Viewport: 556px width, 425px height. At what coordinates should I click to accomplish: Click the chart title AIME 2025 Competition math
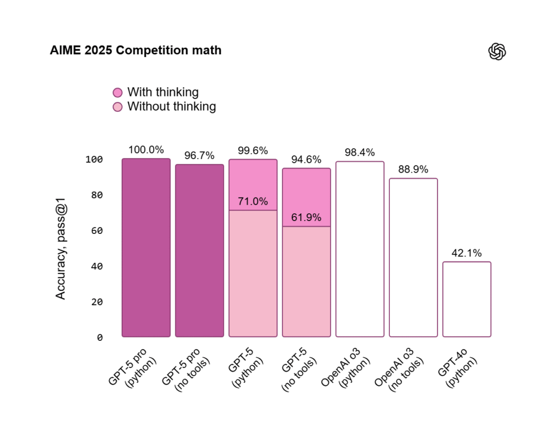point(135,50)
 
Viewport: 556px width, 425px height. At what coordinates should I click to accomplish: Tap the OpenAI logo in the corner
point(497,52)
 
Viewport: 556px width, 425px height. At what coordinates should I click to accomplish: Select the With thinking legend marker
point(118,93)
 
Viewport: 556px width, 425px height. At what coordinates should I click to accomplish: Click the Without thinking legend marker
point(118,107)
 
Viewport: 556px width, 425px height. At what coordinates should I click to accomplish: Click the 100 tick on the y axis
point(94,160)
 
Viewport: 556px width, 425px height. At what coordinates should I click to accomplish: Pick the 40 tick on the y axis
point(96,267)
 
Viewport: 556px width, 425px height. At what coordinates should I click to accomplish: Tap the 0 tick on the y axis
point(99,338)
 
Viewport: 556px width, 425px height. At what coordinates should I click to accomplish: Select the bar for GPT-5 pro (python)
point(146,248)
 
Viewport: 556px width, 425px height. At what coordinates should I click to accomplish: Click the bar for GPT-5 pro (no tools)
point(199,250)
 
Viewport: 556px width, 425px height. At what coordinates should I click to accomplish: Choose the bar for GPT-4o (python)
point(466,299)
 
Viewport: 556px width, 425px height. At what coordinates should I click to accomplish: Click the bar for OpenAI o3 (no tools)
point(413,258)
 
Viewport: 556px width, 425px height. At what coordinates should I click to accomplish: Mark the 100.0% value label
point(146,150)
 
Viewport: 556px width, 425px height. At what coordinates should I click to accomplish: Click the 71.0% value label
point(252,202)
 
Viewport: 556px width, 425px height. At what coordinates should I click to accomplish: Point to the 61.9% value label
point(306,218)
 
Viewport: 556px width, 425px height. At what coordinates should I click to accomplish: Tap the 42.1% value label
point(466,253)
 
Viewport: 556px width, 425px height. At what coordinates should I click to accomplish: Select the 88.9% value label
point(413,170)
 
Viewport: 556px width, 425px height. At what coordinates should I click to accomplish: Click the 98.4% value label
point(359,153)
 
